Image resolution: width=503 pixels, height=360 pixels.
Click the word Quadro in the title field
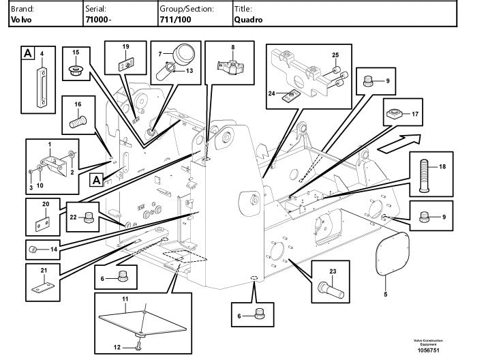pyautogui.click(x=248, y=20)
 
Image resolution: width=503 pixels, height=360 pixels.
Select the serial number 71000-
pyautogui.click(x=98, y=20)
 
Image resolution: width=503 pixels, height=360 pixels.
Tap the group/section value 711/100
pyautogui.click(x=175, y=20)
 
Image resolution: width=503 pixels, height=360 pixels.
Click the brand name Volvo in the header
pyautogui.click(x=21, y=20)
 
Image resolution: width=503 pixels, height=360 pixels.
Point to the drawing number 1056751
pyautogui.click(x=428, y=350)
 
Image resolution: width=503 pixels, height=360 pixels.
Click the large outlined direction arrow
pyautogui.click(x=399, y=143)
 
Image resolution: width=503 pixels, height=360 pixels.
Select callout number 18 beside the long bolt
pyautogui.click(x=442, y=166)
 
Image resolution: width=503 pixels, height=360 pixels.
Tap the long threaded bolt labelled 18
pyautogui.click(x=424, y=176)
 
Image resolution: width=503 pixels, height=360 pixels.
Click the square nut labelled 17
pyautogui.click(x=394, y=113)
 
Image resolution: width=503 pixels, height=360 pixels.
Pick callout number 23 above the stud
pyautogui.click(x=333, y=271)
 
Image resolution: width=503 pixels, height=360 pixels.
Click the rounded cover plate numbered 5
pyautogui.click(x=393, y=254)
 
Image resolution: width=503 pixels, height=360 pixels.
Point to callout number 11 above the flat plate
pyautogui.click(x=125, y=299)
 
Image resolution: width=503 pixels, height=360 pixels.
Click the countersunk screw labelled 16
pyautogui.click(x=78, y=122)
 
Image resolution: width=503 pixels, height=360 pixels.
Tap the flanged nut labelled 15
pyautogui.click(x=76, y=70)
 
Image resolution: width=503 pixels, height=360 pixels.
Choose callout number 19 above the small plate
pyautogui.click(x=125, y=46)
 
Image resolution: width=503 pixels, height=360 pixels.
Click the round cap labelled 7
pyautogui.click(x=184, y=53)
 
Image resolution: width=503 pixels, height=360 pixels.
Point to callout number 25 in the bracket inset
pyautogui.click(x=335, y=55)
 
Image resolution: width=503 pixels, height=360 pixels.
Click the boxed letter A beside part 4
pyautogui.click(x=28, y=53)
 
